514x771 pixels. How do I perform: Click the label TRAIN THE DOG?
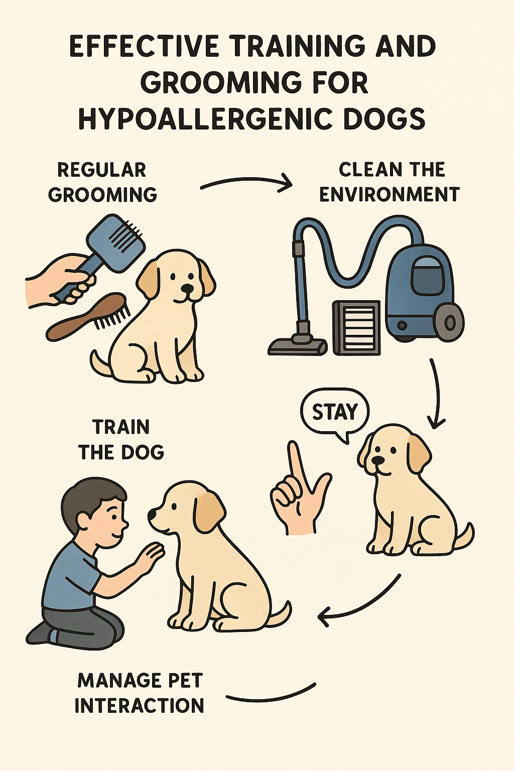point(121,440)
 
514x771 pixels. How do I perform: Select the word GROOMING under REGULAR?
point(102,195)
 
